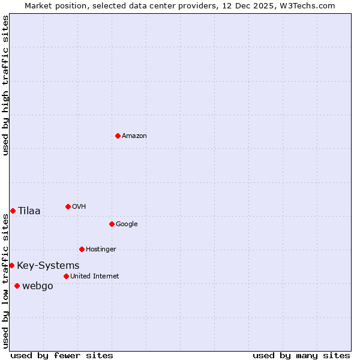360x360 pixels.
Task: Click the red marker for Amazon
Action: click(x=118, y=136)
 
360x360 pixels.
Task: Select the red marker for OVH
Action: click(x=68, y=206)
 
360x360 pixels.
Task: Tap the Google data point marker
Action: click(x=112, y=224)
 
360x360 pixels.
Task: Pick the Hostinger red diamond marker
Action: click(x=82, y=249)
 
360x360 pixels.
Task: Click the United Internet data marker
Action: click(x=66, y=276)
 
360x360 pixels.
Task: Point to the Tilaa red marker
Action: click(x=13, y=211)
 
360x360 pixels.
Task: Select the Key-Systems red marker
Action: click(x=11, y=265)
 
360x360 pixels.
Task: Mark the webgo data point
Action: click(x=17, y=286)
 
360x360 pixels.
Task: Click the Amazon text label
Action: click(x=134, y=136)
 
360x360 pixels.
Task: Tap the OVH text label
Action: click(x=79, y=207)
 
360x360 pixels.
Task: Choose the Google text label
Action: click(x=127, y=224)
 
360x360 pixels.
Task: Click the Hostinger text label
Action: click(x=101, y=250)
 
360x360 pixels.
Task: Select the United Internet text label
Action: click(x=95, y=277)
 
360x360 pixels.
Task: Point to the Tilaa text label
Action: click(x=29, y=211)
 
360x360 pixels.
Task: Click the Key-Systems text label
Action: click(x=48, y=266)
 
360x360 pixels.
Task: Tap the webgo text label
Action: click(x=38, y=286)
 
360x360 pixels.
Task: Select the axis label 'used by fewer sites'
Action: click(x=62, y=355)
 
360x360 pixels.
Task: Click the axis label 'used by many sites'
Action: click(x=301, y=355)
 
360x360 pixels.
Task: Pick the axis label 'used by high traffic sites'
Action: click(x=5, y=85)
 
